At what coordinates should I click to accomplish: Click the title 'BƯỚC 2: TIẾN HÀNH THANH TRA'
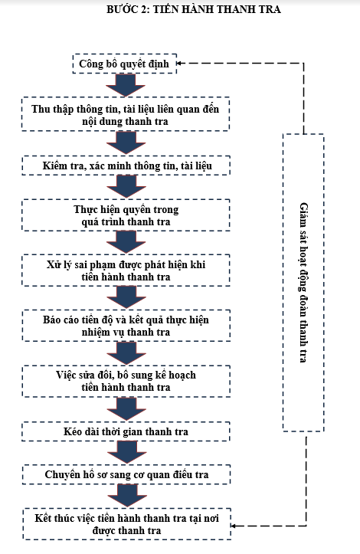(x=194, y=9)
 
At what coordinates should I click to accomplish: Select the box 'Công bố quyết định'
(x=125, y=64)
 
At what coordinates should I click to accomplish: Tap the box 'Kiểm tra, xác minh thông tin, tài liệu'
(x=126, y=166)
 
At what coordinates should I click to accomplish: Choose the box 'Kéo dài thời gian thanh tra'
(x=126, y=431)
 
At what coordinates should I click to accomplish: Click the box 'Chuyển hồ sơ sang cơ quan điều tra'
(x=126, y=474)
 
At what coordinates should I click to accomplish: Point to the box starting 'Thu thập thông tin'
(x=126, y=114)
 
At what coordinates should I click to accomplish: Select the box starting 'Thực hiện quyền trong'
(x=126, y=215)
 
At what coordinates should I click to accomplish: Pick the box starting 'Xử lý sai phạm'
(x=126, y=270)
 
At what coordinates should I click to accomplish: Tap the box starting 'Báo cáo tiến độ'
(x=126, y=326)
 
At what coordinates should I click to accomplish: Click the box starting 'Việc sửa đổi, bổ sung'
(x=126, y=381)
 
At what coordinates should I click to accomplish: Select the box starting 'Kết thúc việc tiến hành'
(x=127, y=524)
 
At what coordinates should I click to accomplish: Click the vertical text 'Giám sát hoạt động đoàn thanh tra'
(x=303, y=282)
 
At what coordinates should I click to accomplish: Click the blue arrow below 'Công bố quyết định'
(x=126, y=85)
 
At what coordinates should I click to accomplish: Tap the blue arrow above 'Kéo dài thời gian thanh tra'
(x=126, y=408)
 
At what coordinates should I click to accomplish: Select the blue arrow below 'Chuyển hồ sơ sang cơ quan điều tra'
(x=127, y=496)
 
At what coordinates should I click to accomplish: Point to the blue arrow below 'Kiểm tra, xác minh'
(x=126, y=187)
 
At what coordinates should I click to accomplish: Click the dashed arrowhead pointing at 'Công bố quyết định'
(x=179, y=64)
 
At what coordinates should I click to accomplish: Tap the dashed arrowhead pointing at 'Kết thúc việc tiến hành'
(x=234, y=526)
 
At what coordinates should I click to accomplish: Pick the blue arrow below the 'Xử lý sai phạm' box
(x=126, y=298)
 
